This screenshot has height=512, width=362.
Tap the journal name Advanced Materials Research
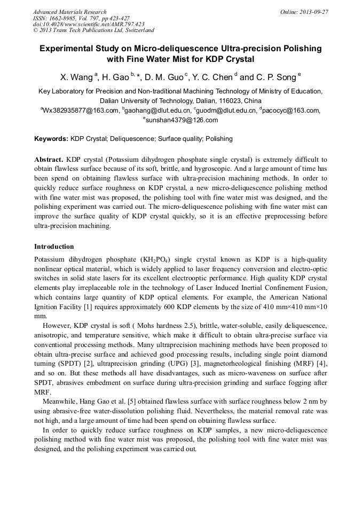(x=69, y=12)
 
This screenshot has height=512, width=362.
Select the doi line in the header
(x=89, y=25)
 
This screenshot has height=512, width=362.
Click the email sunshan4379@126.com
(x=182, y=120)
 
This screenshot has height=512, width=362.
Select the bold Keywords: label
(x=51, y=139)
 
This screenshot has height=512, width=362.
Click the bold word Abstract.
(x=49, y=160)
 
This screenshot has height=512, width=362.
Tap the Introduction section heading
(x=54, y=247)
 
